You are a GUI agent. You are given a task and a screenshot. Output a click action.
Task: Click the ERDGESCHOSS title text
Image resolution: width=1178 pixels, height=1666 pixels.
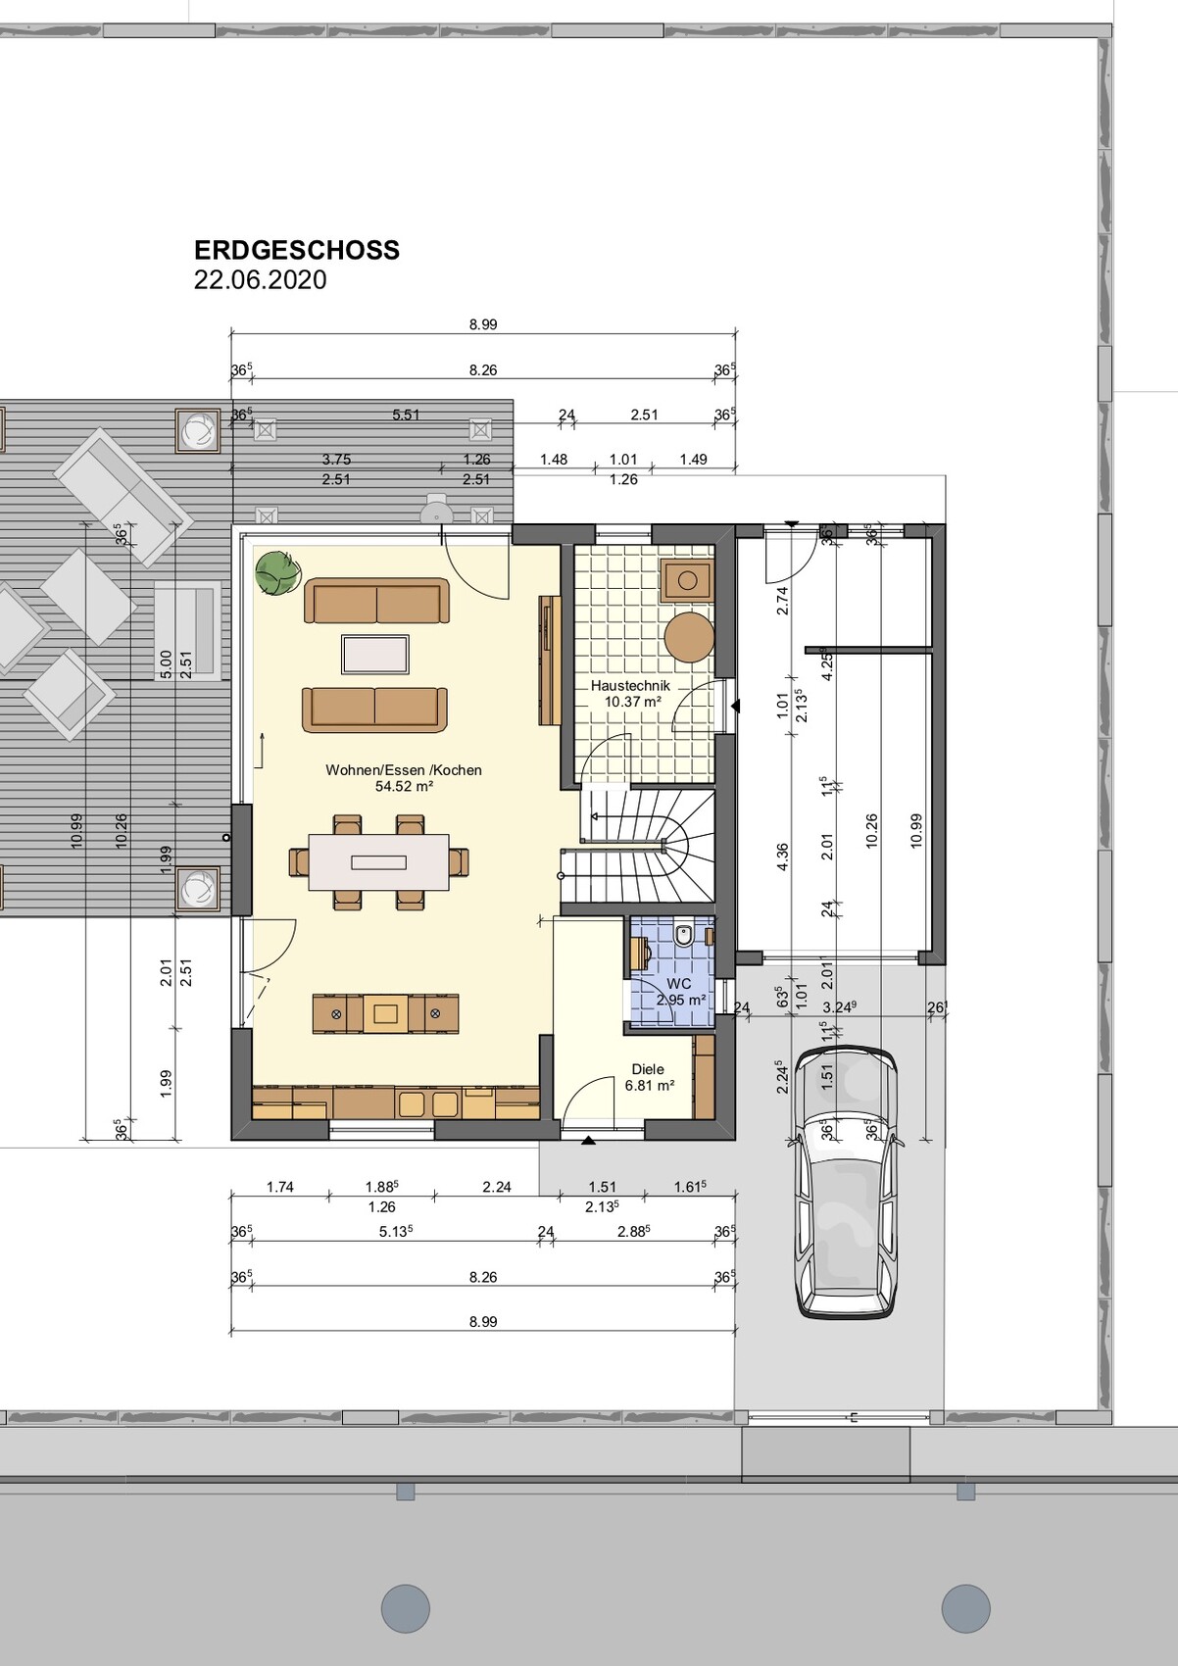pos(297,250)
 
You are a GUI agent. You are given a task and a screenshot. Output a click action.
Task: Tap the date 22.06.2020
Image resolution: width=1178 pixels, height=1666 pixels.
pos(260,280)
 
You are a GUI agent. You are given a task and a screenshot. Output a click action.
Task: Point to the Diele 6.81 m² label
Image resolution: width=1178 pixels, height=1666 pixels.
pos(649,1077)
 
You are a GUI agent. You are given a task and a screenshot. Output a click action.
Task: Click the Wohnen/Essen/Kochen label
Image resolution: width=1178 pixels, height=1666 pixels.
pos(404,777)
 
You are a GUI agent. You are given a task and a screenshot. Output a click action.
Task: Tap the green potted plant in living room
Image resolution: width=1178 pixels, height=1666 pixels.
pos(277,573)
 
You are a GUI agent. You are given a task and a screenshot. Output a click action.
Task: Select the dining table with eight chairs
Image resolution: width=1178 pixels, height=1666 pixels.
pos(379,862)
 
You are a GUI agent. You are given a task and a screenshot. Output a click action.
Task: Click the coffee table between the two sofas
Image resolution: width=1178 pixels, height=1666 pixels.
pos(375,655)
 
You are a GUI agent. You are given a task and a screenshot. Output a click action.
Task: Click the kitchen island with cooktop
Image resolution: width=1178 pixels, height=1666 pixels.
pos(386,1013)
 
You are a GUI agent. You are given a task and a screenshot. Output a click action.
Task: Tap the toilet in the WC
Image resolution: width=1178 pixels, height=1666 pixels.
pos(684,934)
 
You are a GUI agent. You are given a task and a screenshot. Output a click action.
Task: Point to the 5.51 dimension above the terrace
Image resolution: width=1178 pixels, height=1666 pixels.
pos(406,415)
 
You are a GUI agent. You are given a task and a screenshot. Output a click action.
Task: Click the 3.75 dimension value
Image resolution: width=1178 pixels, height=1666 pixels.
pos(336,459)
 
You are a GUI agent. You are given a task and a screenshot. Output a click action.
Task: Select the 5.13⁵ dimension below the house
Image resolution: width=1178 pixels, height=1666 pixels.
pos(395,1232)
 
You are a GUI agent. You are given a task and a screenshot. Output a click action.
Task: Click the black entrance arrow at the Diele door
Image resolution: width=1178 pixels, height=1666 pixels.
pos(588,1141)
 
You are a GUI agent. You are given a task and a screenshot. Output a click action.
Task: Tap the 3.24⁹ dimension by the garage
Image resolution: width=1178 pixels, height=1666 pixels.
pos(839,1007)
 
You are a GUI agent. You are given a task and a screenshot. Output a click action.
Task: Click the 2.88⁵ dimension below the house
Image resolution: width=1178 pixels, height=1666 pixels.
pos(633,1232)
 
